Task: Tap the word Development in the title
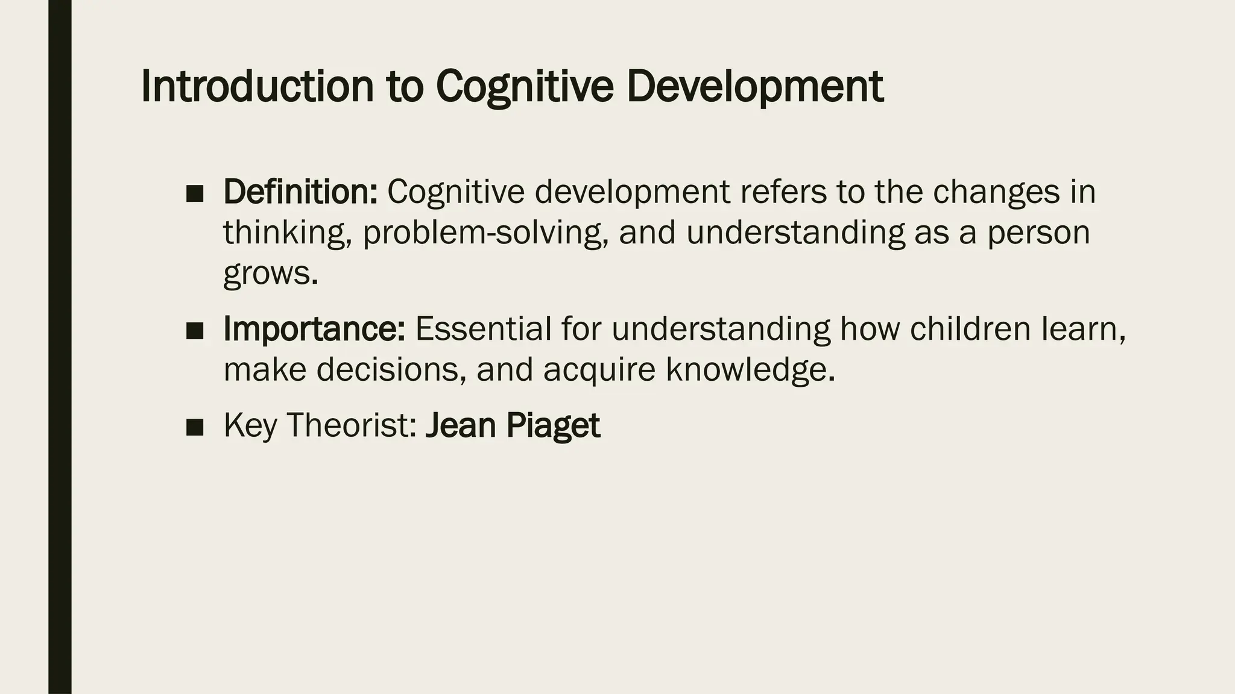pyautogui.click(x=755, y=87)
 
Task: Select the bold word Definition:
pyautogui.click(x=300, y=192)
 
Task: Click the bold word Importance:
pyautogui.click(x=314, y=329)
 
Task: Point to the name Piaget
pyautogui.click(x=553, y=425)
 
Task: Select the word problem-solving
pyautogui.click(x=485, y=233)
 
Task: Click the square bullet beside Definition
pyautogui.click(x=195, y=194)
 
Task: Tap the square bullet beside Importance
pyautogui.click(x=195, y=331)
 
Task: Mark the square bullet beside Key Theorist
pyautogui.click(x=195, y=428)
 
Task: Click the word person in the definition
pyautogui.click(x=1038, y=233)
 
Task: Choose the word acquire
pyautogui.click(x=599, y=369)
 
